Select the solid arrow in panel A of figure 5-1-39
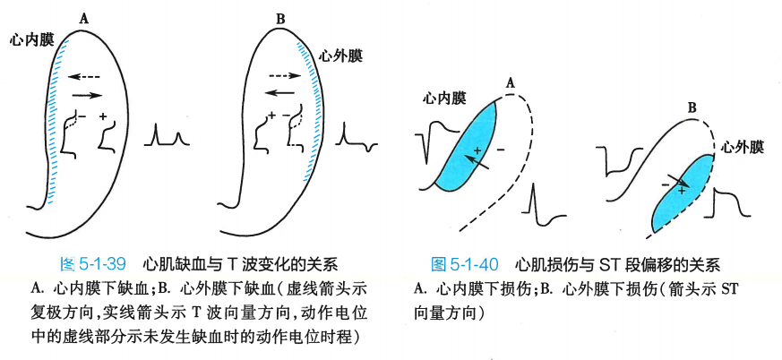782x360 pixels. coord(86,93)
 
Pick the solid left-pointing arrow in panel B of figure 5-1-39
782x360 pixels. coord(281,92)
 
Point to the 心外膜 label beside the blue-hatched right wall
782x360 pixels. coord(341,56)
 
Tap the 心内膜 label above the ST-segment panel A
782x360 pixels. coord(445,99)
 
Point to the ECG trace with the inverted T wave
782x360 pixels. coord(357,139)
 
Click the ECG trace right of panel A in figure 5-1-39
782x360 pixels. coord(168,136)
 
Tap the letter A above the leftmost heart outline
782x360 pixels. coord(83,17)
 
